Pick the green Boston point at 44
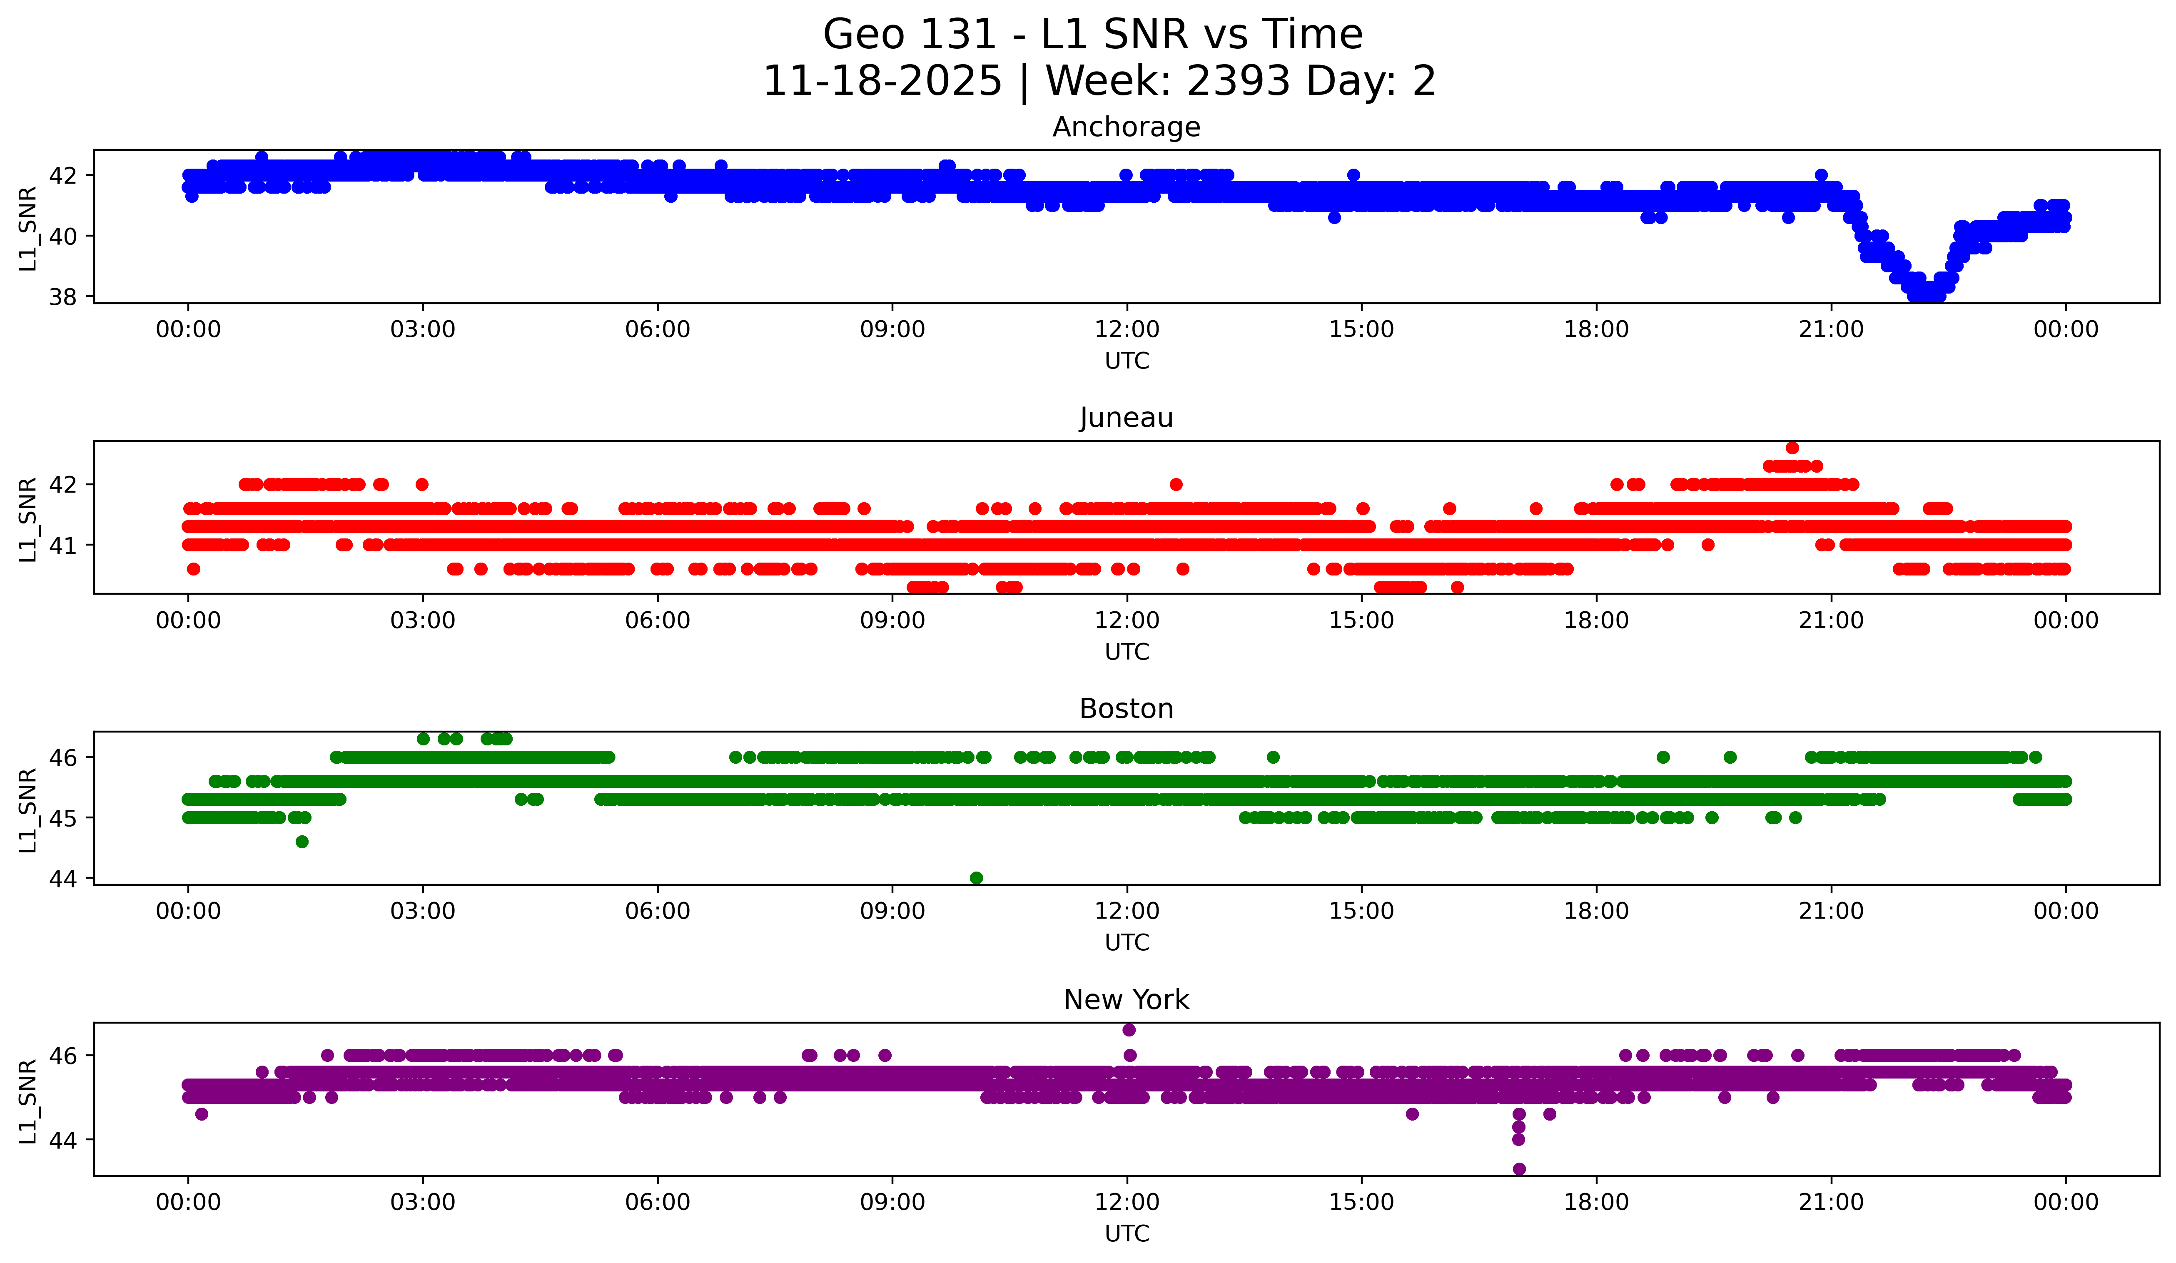pos(977,878)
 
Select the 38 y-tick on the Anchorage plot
pos(63,297)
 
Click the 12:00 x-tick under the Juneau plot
pos(1127,620)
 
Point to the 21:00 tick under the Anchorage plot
pos(1832,329)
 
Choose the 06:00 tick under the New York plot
pos(658,1202)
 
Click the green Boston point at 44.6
pos(302,842)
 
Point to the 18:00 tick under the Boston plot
pos(1597,911)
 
